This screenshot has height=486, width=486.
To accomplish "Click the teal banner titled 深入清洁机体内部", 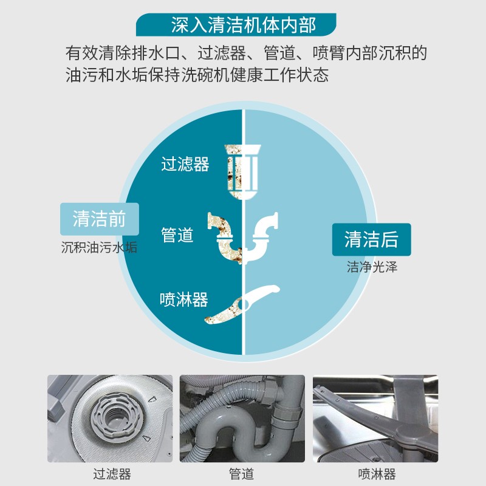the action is (236, 25).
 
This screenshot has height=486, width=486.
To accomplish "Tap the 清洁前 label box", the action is (100, 219).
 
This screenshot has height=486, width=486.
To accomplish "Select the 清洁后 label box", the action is (371, 239).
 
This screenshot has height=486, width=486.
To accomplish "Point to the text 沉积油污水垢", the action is (99, 248).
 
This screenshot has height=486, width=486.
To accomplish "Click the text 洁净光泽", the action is (372, 267).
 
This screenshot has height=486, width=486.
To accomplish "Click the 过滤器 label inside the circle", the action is (185, 164).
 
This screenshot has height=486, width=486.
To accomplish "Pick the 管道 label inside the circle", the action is (177, 234).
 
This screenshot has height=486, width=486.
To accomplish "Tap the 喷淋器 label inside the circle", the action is (184, 299).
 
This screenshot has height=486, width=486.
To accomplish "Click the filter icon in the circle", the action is (242, 172).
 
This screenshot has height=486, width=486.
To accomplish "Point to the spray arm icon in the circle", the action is (242, 304).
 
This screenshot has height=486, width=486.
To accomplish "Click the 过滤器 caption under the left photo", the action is (112, 474).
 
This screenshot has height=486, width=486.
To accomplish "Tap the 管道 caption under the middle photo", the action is (241, 474).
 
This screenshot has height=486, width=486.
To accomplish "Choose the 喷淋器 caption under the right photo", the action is (377, 474).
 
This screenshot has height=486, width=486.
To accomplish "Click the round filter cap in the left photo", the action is (117, 417).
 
